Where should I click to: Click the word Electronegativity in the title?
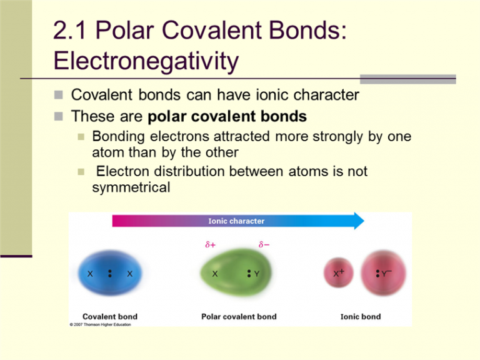click(146, 61)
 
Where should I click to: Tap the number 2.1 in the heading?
click(69, 31)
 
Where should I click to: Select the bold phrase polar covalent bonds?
click(227, 117)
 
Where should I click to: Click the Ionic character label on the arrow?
click(236, 221)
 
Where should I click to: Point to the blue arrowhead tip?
click(364, 221)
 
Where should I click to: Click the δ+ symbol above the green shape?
click(210, 244)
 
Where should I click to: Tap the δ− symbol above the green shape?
click(264, 244)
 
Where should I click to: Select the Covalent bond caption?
click(110, 316)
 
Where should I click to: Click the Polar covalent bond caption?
click(239, 316)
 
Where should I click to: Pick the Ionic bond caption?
click(361, 316)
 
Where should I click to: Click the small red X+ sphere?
click(339, 272)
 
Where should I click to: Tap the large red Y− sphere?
click(384, 272)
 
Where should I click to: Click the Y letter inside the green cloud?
click(256, 274)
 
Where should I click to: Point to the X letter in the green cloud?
click(215, 274)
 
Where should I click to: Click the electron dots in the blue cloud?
click(110, 273)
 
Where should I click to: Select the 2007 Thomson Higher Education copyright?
click(101, 324)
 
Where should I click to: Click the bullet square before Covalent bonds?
click(59, 95)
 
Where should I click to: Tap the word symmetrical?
click(131, 187)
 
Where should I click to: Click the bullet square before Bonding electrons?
click(81, 136)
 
